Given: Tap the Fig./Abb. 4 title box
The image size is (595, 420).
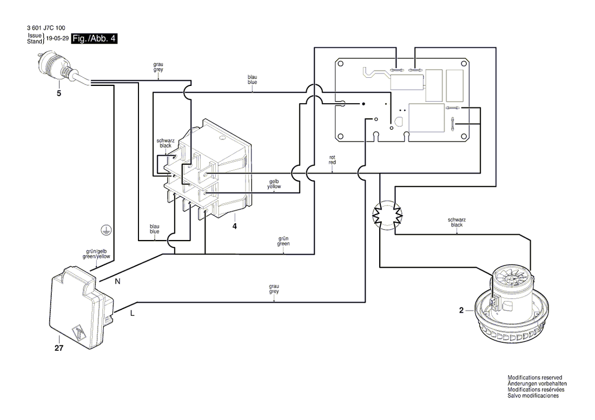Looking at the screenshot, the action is pos(94,38).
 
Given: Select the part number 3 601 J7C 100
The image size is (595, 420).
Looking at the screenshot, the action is pos(46,28).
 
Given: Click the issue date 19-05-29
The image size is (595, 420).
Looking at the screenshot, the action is pos(57,38).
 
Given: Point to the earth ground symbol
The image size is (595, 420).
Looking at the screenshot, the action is pos(106,230).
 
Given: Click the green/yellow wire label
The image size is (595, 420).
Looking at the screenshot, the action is pos(96,254).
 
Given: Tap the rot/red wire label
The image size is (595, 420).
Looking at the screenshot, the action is pos(333,159).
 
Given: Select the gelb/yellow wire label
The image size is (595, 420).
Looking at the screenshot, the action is pos(274,184).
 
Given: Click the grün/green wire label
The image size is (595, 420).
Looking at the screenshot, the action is pos(283,241).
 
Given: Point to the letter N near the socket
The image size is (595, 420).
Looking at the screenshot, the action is pos(117,281).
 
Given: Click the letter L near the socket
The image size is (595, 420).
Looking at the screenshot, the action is pos(132,314).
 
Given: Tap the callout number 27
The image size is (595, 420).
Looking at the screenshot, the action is pos(59,348).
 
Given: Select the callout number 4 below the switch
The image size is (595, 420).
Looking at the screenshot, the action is pos(235,226).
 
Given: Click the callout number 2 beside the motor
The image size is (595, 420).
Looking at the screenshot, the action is pos(461,310).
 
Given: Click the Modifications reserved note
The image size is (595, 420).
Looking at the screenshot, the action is pos(534,377).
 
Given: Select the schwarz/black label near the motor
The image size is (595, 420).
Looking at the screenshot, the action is pos(457,222).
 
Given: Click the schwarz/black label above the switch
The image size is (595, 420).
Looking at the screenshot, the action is pos(166,143).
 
